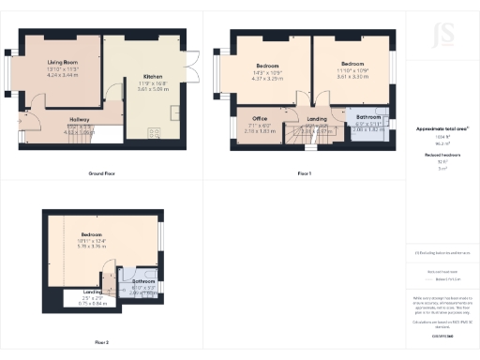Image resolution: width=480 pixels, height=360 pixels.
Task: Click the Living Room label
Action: (x=62, y=63)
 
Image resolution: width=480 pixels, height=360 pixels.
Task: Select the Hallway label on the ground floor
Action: (x=79, y=119)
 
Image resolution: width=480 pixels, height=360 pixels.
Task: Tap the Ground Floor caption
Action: (x=101, y=174)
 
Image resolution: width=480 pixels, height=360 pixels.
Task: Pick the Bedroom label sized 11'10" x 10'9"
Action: (x=352, y=65)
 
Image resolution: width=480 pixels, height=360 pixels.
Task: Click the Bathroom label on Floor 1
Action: (x=367, y=117)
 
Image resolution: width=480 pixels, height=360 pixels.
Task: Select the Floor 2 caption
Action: (x=101, y=342)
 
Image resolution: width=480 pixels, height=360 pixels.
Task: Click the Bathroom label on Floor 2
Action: (x=142, y=281)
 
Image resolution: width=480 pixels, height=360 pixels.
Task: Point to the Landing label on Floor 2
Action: (x=93, y=292)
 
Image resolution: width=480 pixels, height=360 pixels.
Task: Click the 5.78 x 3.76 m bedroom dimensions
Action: (x=91, y=241)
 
